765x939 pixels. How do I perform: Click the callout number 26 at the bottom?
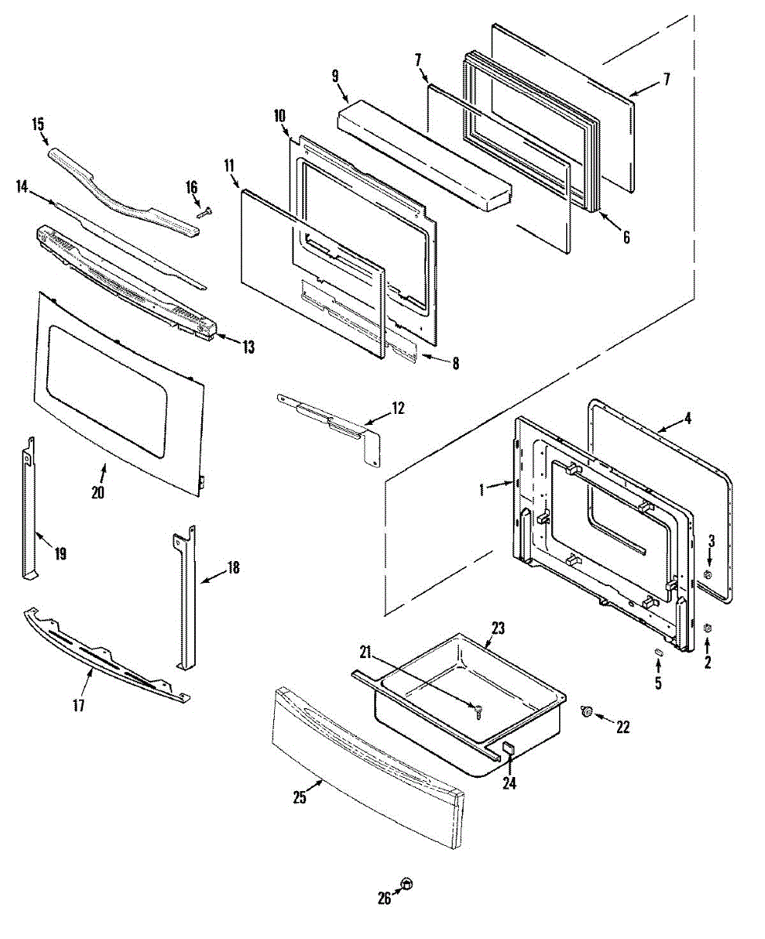coord(384,899)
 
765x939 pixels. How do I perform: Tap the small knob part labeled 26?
coord(406,883)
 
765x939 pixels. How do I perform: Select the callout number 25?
coord(299,797)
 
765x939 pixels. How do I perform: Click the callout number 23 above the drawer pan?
coord(498,628)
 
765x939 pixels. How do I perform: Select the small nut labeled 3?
coord(707,574)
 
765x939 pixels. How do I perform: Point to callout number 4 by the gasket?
coord(687,418)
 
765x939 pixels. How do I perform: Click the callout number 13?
coord(248,347)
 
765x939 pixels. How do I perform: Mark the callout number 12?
coord(399,408)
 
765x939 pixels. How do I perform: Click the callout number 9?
coord(335,77)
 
